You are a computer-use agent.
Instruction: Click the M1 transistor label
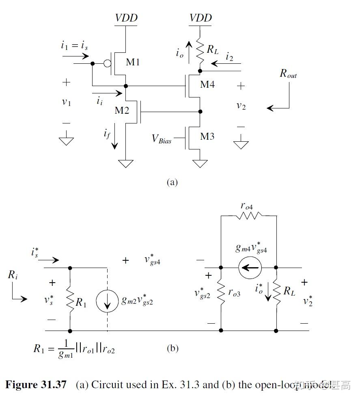pos(133,62)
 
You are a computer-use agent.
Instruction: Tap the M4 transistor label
pos(207,84)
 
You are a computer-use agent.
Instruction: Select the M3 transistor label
pos(207,136)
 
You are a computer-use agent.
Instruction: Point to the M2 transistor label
pos(121,110)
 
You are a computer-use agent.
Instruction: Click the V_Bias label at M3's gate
pos(162,138)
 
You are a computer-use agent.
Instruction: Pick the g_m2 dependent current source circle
pos(107,301)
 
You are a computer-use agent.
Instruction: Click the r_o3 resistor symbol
pos(221,292)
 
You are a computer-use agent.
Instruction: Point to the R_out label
pos(288,74)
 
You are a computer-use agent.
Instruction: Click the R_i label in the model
pos(13,275)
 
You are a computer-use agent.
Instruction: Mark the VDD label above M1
pos(126,18)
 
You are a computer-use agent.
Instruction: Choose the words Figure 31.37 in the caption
pos(36,385)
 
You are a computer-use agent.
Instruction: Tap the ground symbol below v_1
pos(66,141)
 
